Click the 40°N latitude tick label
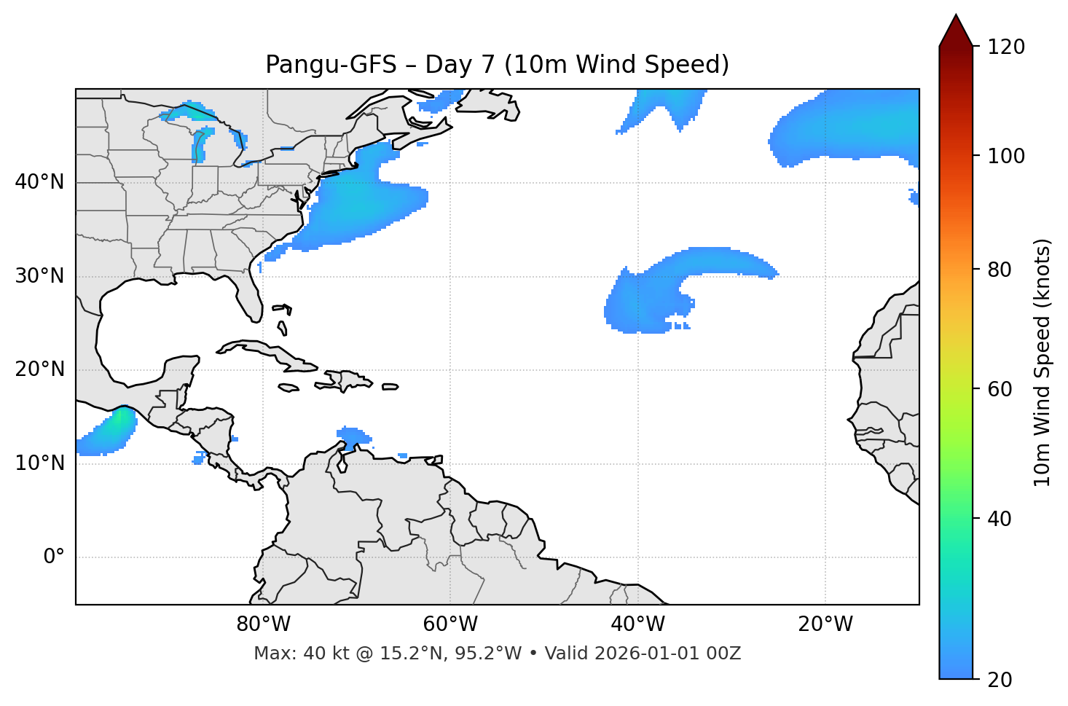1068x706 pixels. (39, 182)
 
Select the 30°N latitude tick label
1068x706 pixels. (39, 276)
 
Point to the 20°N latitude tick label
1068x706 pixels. (39, 369)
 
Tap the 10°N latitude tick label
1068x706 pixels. (39, 463)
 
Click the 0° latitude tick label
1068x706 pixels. (53, 557)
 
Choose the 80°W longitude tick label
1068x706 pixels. (263, 624)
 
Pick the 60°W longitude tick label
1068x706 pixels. (450, 624)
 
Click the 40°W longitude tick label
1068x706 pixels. (637, 624)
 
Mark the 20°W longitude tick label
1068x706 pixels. (825, 624)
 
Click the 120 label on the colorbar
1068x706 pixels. (1006, 47)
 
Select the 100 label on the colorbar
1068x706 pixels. (1006, 156)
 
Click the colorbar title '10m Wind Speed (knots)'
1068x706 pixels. (1043, 362)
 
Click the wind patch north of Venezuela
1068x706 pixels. (353, 436)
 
